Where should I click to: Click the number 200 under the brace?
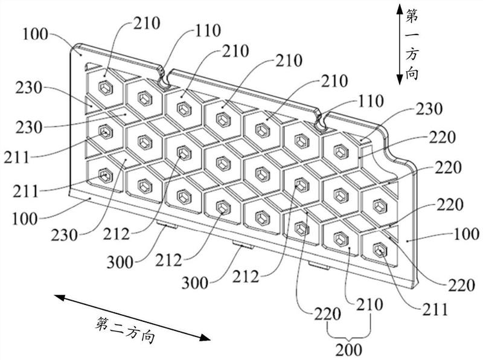click(x=349, y=350)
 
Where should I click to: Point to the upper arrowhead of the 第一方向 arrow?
click(x=399, y=9)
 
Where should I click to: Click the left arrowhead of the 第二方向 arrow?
click(x=60, y=298)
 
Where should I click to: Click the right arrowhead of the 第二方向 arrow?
click(x=205, y=338)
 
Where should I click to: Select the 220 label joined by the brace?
click(x=327, y=314)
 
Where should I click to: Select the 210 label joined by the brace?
click(x=369, y=304)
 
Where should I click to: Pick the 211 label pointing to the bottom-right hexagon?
click(x=435, y=309)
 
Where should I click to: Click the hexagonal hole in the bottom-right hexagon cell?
click(x=380, y=249)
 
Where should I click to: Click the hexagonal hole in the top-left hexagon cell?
click(x=106, y=88)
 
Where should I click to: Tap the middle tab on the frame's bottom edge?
click(x=243, y=245)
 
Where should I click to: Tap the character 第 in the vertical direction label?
click(x=412, y=16)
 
